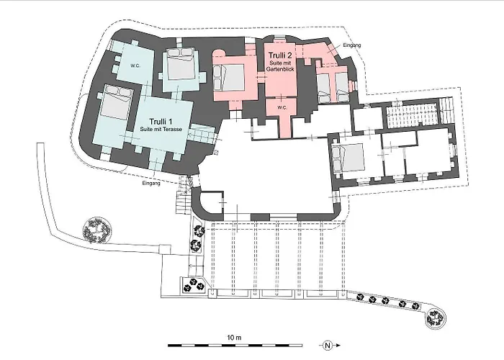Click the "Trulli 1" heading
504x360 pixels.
click(x=161, y=122)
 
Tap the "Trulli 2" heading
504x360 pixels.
click(x=280, y=55)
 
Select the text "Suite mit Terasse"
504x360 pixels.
click(x=161, y=129)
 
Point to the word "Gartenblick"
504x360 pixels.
click(x=281, y=69)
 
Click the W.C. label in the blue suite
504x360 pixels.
click(x=135, y=66)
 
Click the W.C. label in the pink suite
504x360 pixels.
click(x=282, y=108)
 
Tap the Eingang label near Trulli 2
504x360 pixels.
click(x=352, y=45)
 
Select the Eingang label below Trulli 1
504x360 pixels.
click(x=151, y=183)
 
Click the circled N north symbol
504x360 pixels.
click(x=328, y=346)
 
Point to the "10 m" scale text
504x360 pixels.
click(x=234, y=338)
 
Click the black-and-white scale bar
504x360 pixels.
click(x=235, y=346)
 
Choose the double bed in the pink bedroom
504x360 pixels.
click(x=229, y=78)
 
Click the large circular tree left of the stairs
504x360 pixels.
click(x=97, y=230)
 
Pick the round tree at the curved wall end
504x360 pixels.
click(x=436, y=318)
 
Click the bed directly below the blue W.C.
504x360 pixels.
click(x=115, y=103)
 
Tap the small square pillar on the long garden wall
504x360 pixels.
click(x=165, y=250)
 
